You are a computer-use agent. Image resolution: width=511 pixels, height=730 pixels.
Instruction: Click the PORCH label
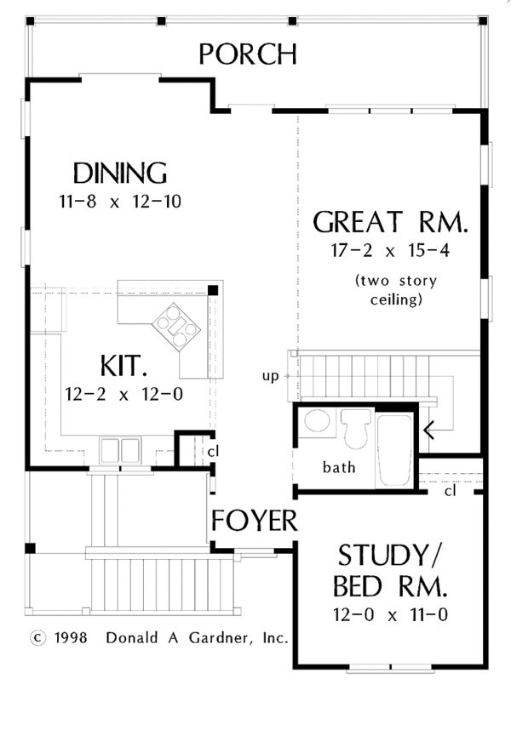pyautogui.click(x=248, y=54)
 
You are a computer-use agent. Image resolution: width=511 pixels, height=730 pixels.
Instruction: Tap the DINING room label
pyautogui.click(x=119, y=173)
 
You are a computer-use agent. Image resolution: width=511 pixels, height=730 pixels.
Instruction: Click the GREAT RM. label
pyautogui.click(x=391, y=223)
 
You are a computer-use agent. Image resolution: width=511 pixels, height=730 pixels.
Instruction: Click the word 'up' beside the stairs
pyautogui.click(x=270, y=375)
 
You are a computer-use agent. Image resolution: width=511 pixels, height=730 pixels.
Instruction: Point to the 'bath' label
pyautogui.click(x=339, y=467)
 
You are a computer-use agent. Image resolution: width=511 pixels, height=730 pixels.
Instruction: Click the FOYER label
pyautogui.click(x=255, y=521)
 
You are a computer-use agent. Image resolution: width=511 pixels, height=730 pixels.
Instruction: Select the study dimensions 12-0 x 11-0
pyautogui.click(x=391, y=614)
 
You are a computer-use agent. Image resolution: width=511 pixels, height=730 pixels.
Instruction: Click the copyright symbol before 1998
pyautogui.click(x=36, y=636)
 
